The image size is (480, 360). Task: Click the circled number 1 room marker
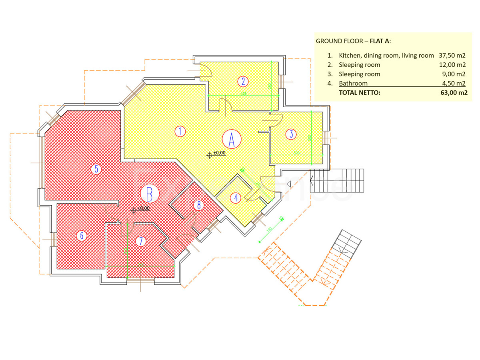coord(180,131)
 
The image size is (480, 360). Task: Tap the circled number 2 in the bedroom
coord(243,82)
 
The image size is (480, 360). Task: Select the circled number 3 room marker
coord(291,134)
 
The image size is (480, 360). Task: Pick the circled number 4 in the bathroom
coord(236,197)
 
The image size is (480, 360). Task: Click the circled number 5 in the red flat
coord(96,169)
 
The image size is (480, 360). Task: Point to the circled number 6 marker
coord(82,236)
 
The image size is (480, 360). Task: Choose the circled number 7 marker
coord(140,241)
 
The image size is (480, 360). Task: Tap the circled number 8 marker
coord(199,205)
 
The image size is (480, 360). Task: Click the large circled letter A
coord(232,139)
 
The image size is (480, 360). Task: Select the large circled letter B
coord(150,194)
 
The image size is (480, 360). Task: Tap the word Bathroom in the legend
coord(353,84)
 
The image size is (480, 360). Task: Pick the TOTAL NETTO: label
coord(360,93)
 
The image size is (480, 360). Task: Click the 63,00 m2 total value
coord(452,93)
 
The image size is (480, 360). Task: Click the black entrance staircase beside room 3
coord(338,181)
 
